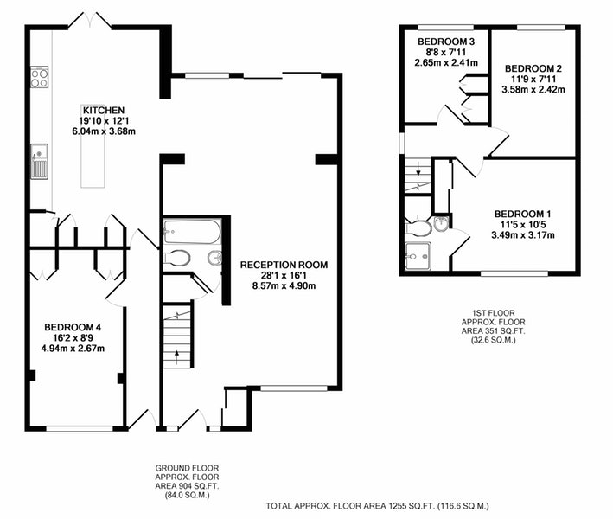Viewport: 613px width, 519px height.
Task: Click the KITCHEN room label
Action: (x=104, y=111)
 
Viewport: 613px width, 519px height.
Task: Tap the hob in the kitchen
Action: (x=40, y=77)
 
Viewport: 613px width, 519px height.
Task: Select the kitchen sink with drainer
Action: (x=40, y=162)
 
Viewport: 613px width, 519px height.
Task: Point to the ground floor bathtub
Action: (x=192, y=232)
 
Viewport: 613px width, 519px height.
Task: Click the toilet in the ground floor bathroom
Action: (x=177, y=259)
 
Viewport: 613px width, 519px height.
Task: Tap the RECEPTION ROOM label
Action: (x=284, y=265)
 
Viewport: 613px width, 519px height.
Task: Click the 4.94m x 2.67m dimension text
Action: (x=73, y=348)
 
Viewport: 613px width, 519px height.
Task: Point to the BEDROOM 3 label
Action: (x=446, y=42)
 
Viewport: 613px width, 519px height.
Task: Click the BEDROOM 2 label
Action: (x=533, y=68)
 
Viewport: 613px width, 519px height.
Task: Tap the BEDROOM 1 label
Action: (x=523, y=214)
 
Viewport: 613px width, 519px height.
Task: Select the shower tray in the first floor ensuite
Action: (x=418, y=257)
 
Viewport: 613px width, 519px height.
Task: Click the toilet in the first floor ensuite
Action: (x=418, y=228)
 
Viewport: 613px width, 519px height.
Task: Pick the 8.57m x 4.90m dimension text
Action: (x=284, y=286)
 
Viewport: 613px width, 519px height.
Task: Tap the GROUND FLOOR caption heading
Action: (x=187, y=468)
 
